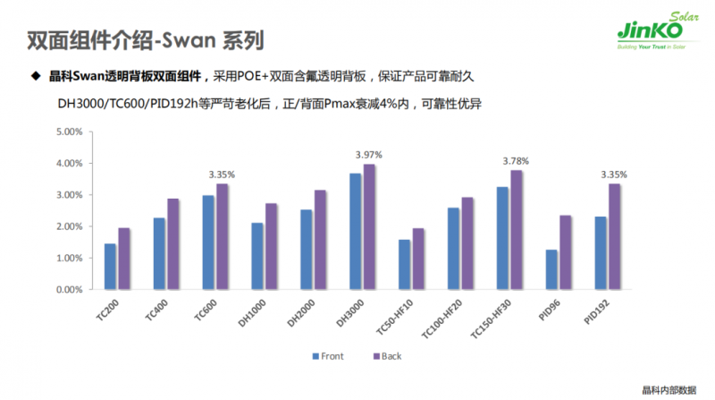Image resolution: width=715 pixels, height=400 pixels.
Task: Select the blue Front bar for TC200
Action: pyautogui.click(x=110, y=267)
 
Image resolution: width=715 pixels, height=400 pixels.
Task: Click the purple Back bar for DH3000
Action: pyautogui.click(x=370, y=226)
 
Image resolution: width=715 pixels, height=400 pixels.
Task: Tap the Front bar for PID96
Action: pyautogui.click(x=551, y=269)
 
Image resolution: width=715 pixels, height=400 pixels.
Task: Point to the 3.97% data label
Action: pyautogui.click(x=368, y=155)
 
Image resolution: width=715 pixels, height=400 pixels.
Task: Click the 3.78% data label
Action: pyautogui.click(x=516, y=161)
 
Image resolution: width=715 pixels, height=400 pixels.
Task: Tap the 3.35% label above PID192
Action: pyautogui.click(x=614, y=174)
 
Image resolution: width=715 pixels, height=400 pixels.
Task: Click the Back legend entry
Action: pyautogui.click(x=386, y=356)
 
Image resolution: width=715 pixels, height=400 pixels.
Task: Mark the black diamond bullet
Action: pyautogui.click(x=37, y=77)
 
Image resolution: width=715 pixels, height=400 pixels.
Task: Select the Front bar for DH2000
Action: pyautogui.click(x=306, y=250)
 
